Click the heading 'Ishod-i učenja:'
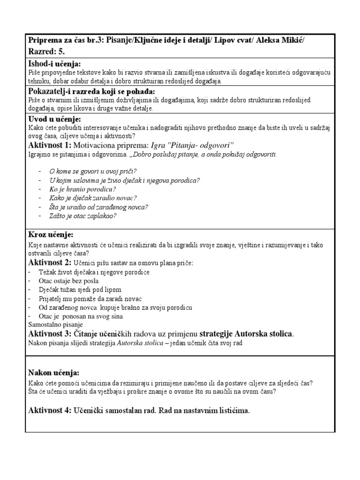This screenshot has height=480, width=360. point(54,64)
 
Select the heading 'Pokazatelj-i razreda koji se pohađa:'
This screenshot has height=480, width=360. point(91,91)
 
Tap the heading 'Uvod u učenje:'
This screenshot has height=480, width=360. point(54,119)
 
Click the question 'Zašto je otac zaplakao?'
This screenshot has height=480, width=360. point(82,216)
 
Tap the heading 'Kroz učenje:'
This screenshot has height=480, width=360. point(51,234)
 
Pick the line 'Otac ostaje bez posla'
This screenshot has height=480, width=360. point(69,281)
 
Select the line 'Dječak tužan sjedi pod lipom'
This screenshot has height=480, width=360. point(82,290)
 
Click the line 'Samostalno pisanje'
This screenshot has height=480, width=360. point(55,325)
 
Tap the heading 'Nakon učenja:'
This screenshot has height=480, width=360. point(53,373)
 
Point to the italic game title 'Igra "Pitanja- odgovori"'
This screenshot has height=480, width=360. point(192,145)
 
